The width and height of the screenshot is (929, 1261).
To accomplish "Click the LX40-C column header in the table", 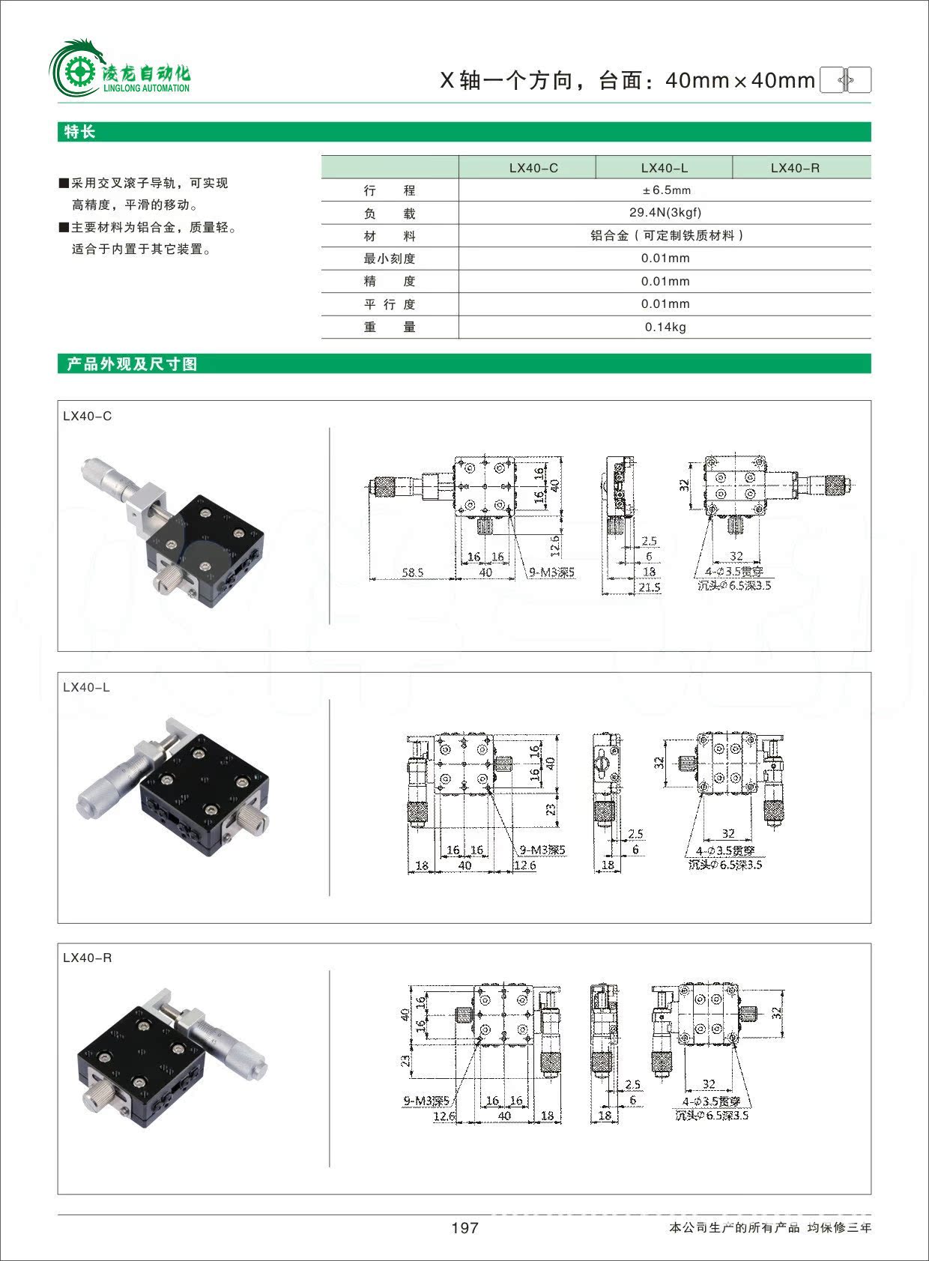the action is coord(533,168).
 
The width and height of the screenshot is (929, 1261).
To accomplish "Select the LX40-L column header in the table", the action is coord(664,168).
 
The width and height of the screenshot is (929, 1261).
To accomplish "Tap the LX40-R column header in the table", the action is coord(795,168).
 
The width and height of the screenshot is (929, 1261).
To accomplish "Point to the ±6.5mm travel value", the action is coord(666,190).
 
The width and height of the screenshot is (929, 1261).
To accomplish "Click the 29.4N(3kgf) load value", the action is coord(665,213).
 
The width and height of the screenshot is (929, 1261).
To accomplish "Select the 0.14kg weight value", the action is coord(665,327).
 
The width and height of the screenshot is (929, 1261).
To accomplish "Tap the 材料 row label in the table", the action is coord(389,236).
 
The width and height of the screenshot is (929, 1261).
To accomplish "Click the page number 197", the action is coord(464,1227).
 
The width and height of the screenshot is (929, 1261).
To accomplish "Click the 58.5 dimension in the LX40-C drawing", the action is coord(412,572).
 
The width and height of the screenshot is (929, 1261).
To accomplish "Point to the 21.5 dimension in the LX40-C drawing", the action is coord(650,587).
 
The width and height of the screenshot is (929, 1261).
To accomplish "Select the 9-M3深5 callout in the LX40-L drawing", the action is coord(542,850).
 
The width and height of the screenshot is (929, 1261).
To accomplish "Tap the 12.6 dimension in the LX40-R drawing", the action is coord(444,1116).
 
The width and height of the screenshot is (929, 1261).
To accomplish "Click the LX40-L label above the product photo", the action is coord(86,687).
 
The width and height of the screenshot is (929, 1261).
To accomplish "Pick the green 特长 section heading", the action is coord(80,132).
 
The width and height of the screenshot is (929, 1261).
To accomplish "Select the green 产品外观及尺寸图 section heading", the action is coord(131,364).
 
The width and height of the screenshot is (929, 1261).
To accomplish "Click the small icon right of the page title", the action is coord(845,79).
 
